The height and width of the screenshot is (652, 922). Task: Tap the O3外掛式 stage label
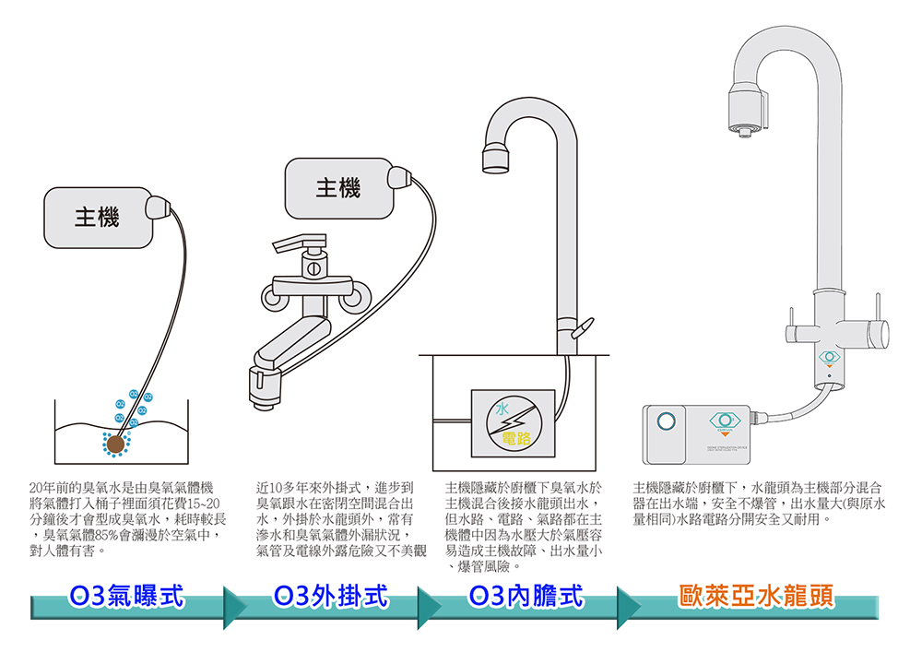coord(329,597)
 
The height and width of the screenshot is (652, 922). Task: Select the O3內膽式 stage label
coord(526,597)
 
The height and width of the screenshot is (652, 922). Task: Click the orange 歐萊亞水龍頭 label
coord(755,597)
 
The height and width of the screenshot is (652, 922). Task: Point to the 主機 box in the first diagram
coord(97,218)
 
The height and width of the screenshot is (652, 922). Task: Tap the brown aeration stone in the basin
coord(117,445)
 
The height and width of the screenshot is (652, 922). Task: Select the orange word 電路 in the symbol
coord(516,435)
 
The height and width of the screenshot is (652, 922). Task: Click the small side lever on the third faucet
coord(582,327)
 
